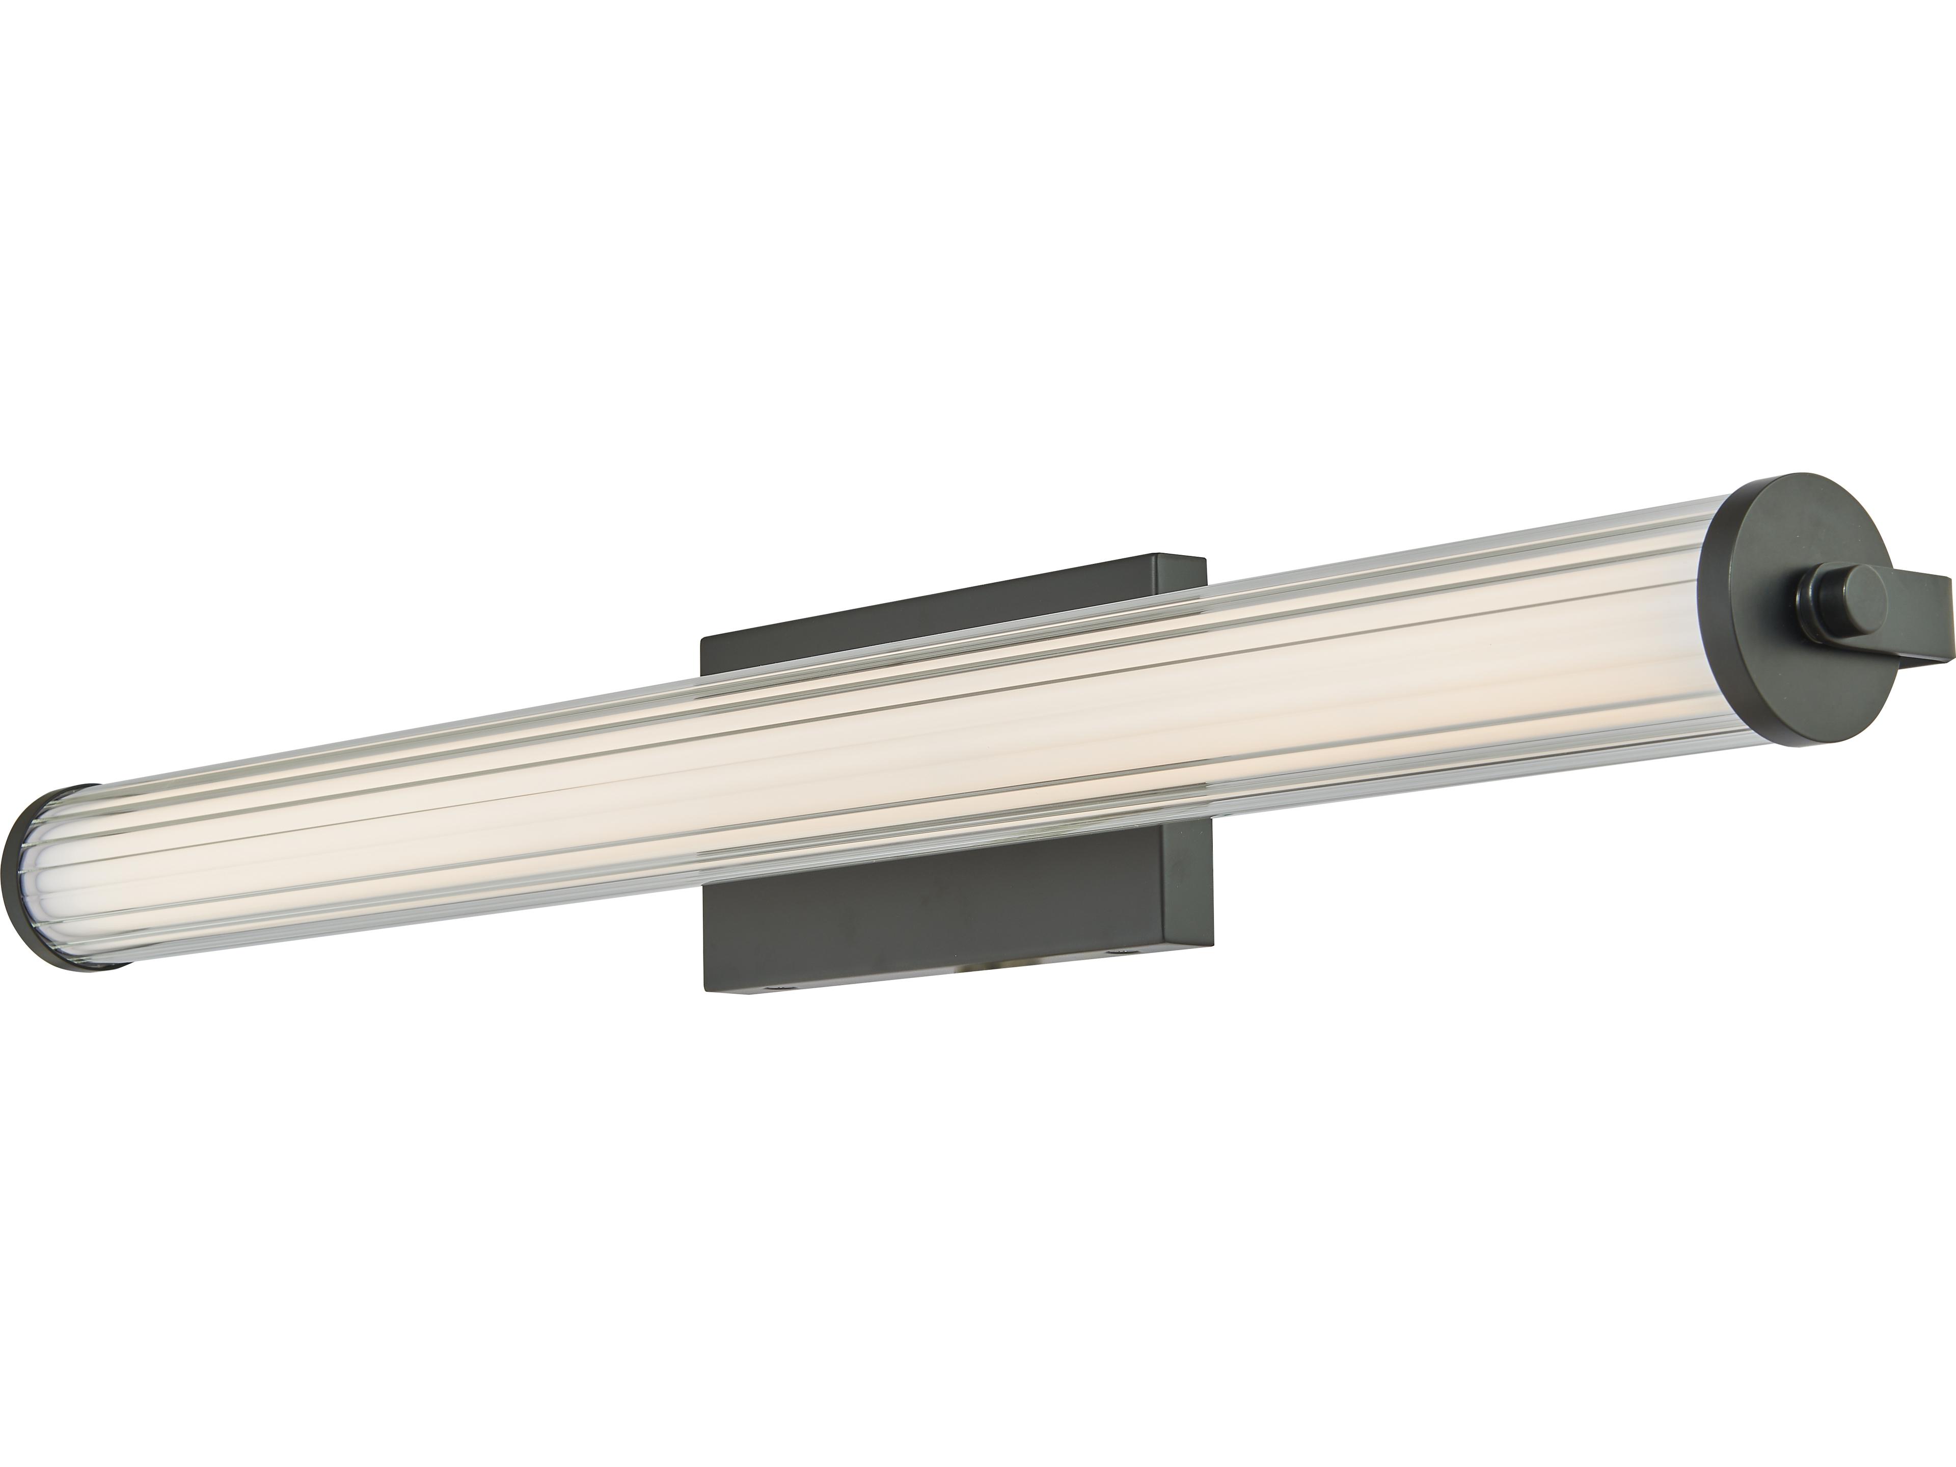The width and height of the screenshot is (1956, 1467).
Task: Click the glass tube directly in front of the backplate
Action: pos(955,752)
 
